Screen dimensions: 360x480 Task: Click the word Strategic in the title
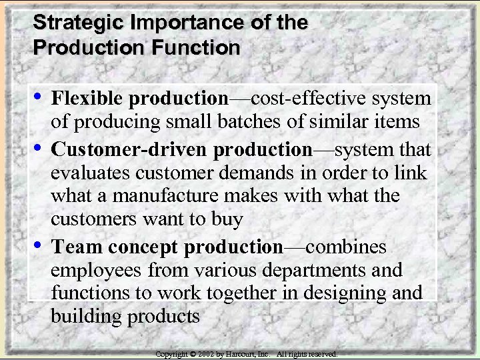(71, 23)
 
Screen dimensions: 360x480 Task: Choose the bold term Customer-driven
(130, 148)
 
